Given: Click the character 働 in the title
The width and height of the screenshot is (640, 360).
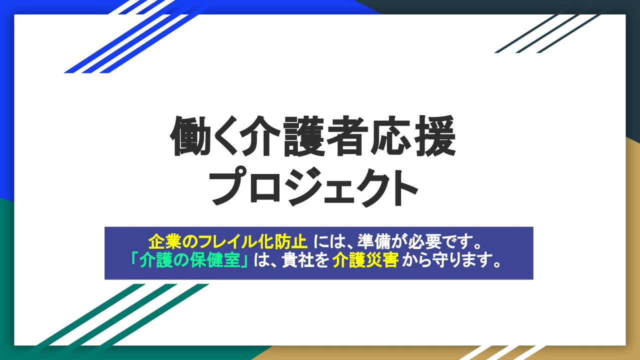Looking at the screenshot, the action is [x=190, y=136].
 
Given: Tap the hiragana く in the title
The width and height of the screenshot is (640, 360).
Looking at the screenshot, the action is [x=226, y=136].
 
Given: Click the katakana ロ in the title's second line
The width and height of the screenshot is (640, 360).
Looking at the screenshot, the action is [x=265, y=187].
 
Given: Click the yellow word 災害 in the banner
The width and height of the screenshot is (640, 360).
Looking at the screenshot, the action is [x=382, y=260].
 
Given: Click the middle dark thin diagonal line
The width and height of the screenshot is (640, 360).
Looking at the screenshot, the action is [x=546, y=33].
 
